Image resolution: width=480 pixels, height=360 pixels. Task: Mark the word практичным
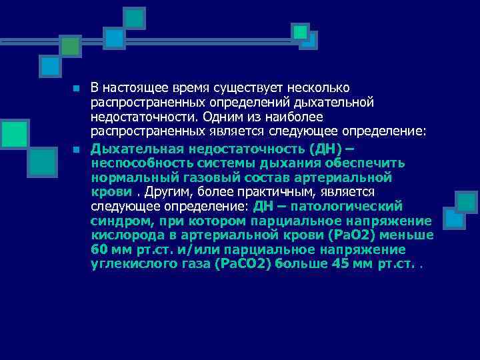(261, 193)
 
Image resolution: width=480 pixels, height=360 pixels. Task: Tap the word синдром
(117, 221)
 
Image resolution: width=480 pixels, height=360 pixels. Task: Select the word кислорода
(124, 235)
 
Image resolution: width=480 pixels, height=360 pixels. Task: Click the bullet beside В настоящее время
(77, 89)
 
